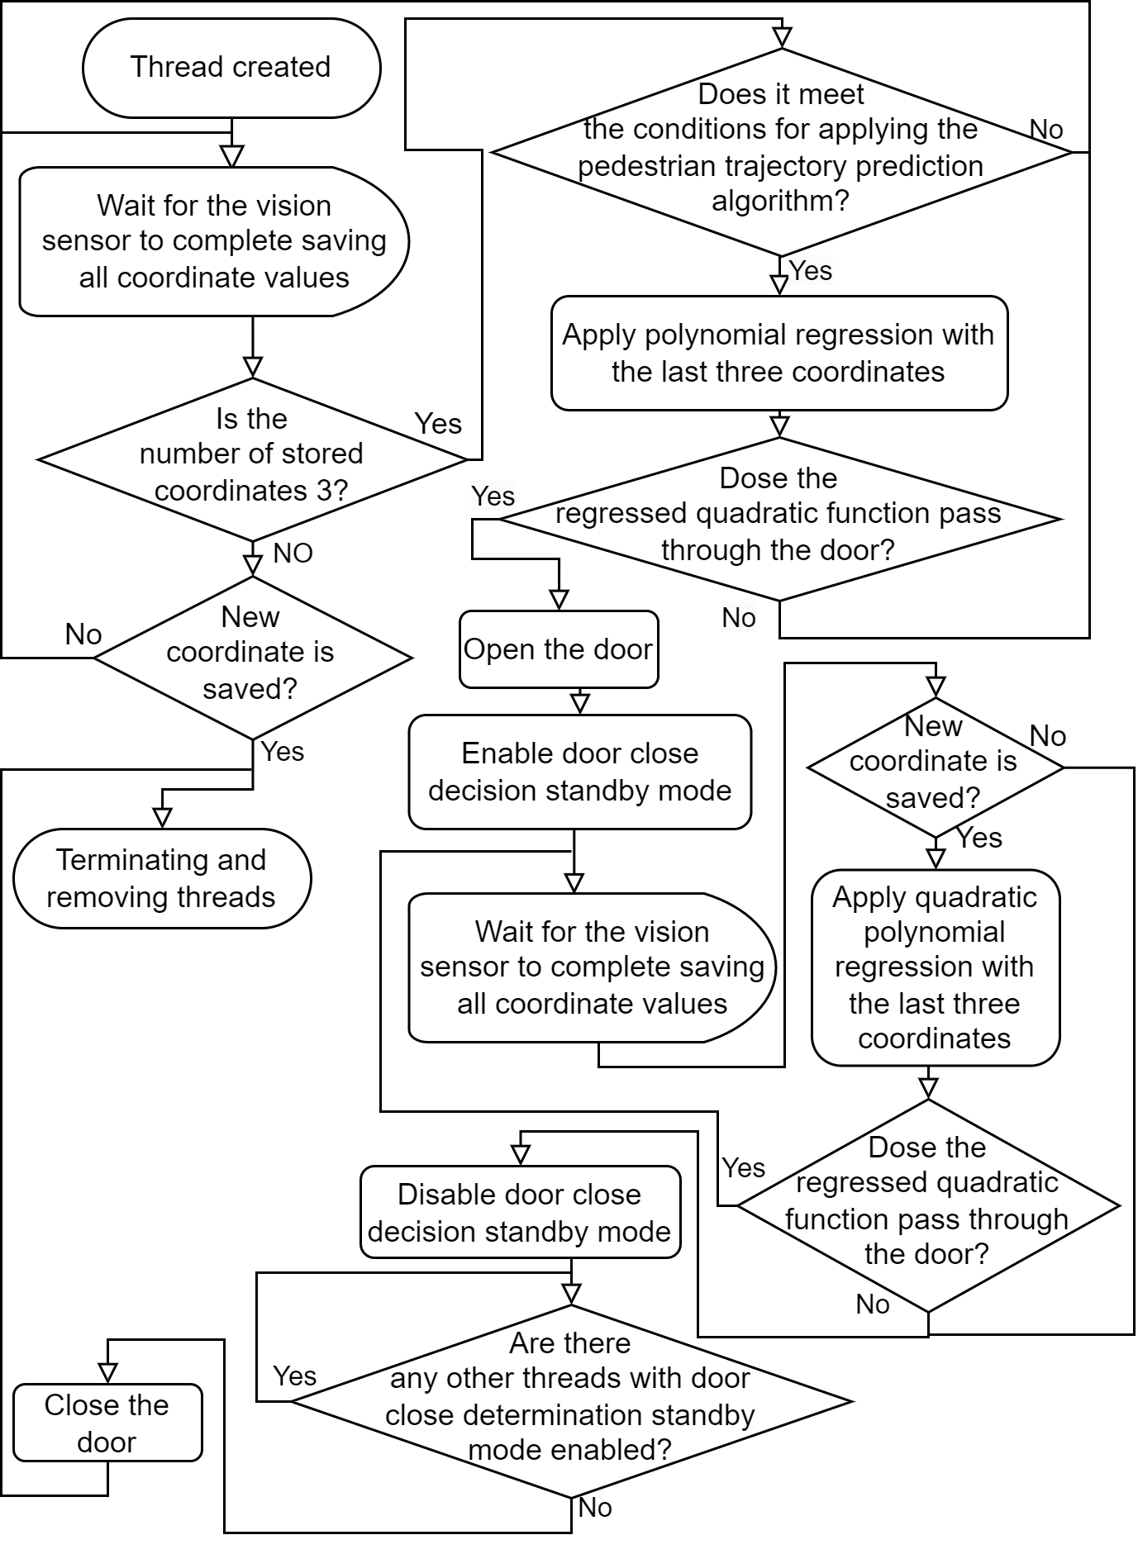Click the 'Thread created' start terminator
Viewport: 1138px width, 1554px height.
click(231, 68)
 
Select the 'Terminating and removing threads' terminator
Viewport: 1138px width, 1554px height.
click(162, 878)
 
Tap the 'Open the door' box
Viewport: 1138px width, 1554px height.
click(559, 649)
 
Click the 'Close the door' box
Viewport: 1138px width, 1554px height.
click(107, 1423)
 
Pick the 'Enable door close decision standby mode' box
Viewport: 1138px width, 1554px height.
click(580, 772)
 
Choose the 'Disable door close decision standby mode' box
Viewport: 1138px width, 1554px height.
click(521, 1212)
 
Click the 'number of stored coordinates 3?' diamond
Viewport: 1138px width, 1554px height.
click(252, 459)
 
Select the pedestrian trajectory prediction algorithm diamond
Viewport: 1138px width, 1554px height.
click(781, 152)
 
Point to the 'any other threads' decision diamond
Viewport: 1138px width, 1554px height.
click(571, 1401)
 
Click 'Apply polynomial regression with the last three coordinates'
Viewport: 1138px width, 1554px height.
click(779, 353)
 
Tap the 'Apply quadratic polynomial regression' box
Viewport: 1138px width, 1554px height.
click(936, 967)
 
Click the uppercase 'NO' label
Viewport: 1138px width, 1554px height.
click(293, 554)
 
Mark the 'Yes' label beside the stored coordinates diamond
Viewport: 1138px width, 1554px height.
click(438, 424)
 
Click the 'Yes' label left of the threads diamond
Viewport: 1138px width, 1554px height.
click(295, 1376)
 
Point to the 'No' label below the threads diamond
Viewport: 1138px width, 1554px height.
click(595, 1508)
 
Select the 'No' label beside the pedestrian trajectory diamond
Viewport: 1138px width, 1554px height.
click(1046, 130)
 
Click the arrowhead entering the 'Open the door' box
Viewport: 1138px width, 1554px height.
click(559, 601)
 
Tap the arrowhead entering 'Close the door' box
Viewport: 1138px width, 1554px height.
click(107, 1373)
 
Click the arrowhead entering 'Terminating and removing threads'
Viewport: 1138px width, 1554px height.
click(163, 818)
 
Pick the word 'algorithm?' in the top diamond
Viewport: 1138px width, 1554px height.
click(780, 201)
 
